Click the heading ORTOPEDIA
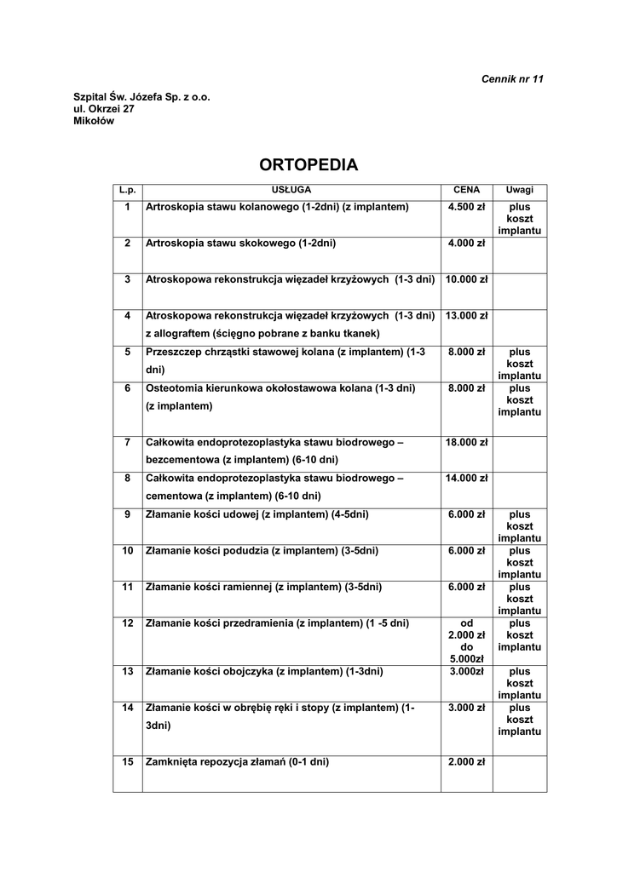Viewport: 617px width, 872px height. [x=308, y=165]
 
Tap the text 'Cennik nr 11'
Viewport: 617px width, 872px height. [x=512, y=79]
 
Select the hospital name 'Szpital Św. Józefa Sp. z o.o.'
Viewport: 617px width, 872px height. [x=141, y=97]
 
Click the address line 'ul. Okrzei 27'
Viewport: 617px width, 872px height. [x=104, y=109]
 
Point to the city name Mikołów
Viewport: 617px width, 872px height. [x=94, y=121]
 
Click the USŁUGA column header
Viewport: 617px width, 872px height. [x=291, y=190]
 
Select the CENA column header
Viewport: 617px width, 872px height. [x=466, y=190]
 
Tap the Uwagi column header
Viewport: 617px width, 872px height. [x=519, y=190]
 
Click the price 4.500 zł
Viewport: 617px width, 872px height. [x=466, y=207]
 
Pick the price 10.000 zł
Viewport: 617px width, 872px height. [x=466, y=279]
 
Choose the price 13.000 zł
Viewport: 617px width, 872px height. [x=466, y=315]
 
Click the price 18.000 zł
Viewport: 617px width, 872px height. [x=466, y=442]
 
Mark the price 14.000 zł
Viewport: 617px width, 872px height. [x=466, y=478]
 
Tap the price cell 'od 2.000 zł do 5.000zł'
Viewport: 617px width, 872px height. [x=466, y=640]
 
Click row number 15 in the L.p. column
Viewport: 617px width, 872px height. [x=127, y=762]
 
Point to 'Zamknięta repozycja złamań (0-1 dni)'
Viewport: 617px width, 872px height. [x=238, y=762]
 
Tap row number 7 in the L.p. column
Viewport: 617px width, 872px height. [x=127, y=442]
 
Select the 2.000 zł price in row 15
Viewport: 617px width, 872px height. [x=466, y=762]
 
